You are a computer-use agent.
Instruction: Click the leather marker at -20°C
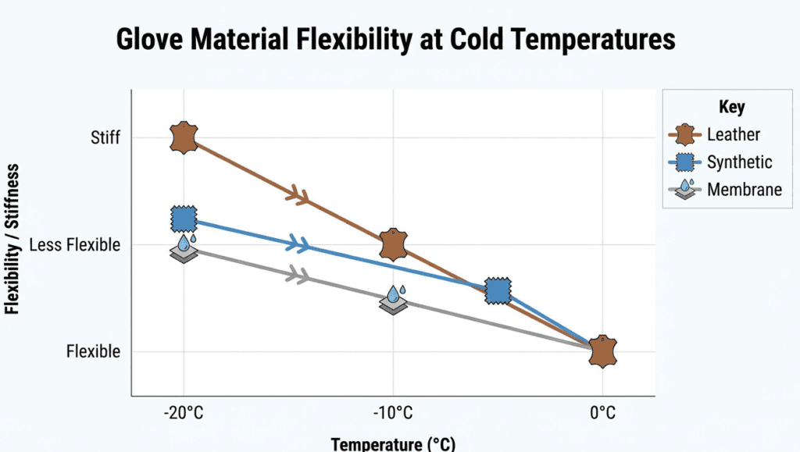coord(183,138)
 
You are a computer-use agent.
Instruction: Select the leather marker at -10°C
coord(393,245)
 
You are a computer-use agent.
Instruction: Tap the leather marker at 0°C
coord(602,351)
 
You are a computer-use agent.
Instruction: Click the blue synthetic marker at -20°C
coord(184,219)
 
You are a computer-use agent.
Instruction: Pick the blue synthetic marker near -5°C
coord(498,291)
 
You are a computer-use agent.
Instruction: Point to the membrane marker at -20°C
coord(184,248)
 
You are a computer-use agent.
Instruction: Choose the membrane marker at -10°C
coord(393,299)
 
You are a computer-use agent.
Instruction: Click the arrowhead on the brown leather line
coord(298,195)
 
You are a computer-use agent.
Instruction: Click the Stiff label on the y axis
coord(105,139)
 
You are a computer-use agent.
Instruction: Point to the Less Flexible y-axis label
coord(75,245)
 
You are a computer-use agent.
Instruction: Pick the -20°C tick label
coord(184,412)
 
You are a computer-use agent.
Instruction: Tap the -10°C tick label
coord(393,412)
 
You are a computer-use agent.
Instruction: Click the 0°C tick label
coord(602,412)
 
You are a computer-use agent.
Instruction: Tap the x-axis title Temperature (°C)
coord(393,444)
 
